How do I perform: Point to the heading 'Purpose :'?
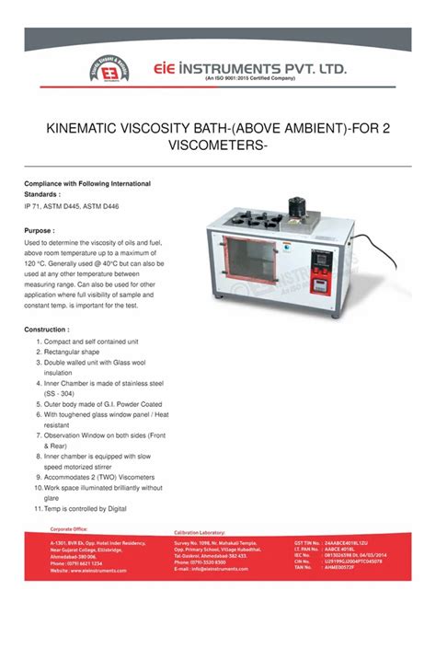(40, 230)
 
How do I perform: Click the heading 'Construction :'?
(47, 329)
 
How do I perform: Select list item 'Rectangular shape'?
(72, 352)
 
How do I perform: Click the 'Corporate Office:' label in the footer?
(69, 529)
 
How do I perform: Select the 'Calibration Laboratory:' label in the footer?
(201, 533)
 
